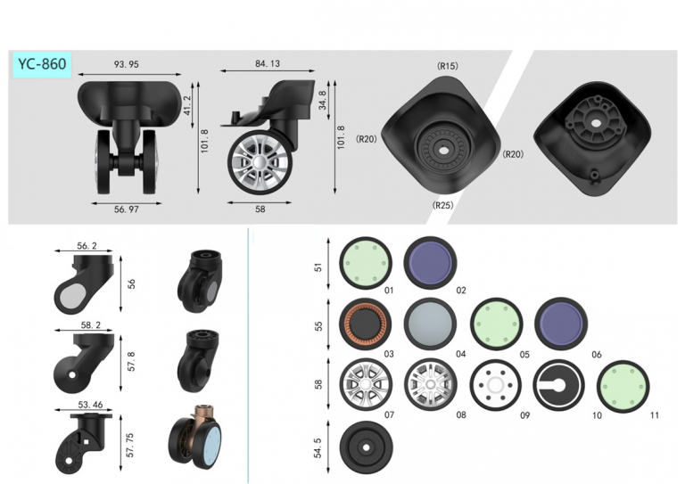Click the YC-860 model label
tap(42, 64)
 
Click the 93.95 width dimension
tap(127, 64)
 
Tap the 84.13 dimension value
tap(268, 63)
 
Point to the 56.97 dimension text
tap(127, 209)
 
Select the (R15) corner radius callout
tap(448, 66)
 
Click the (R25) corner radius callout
tap(442, 205)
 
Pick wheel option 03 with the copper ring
tap(365, 324)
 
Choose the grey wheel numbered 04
tap(430, 324)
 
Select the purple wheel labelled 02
tap(430, 263)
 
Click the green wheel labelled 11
tap(623, 386)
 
